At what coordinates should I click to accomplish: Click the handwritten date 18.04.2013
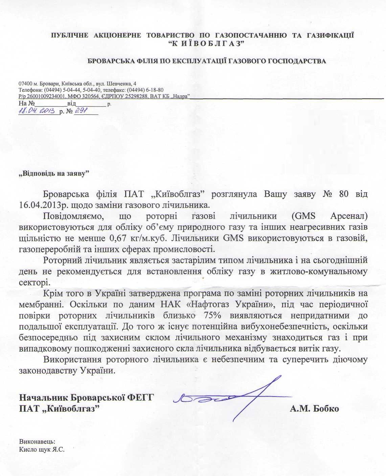pos(38,111)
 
